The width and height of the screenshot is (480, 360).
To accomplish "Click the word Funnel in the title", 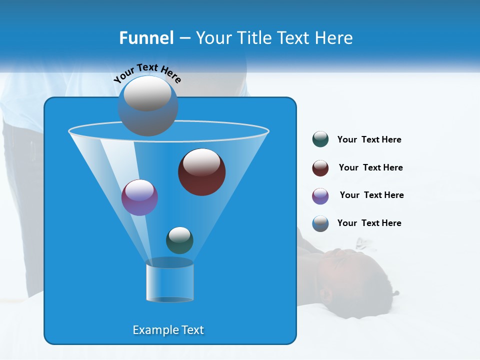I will tap(146, 38).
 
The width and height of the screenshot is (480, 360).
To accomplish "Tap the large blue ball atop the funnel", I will tap(148, 105).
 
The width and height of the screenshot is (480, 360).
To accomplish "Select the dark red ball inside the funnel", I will tap(201, 172).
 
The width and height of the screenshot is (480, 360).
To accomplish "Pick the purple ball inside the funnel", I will tap(139, 197).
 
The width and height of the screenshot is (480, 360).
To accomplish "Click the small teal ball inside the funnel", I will tap(179, 240).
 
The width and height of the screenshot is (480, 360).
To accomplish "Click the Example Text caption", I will tap(168, 330).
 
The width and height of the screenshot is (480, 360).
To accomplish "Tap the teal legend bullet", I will tap(320, 139).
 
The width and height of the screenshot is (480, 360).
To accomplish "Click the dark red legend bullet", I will tap(320, 168).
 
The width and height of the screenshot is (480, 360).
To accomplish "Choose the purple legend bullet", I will tap(320, 196).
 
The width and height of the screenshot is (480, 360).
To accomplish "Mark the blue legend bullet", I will tap(320, 223).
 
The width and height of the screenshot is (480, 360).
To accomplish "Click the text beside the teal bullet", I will tap(369, 139).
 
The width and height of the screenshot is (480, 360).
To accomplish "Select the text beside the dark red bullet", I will tap(370, 167).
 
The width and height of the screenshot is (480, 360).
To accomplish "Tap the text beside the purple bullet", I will tap(371, 195).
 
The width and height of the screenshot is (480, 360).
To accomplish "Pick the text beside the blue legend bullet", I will tap(369, 223).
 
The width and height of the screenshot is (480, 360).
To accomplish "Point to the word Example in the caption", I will tap(151, 330).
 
